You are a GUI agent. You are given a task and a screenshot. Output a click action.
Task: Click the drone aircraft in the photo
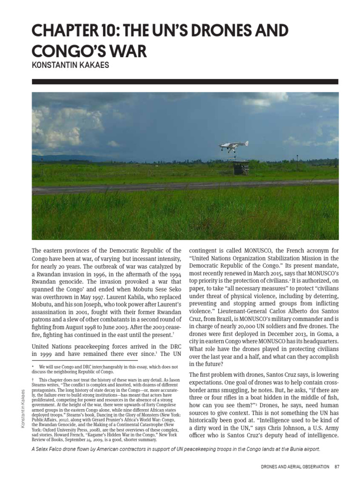(233, 146)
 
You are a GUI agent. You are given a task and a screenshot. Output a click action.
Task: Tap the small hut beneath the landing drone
(241, 166)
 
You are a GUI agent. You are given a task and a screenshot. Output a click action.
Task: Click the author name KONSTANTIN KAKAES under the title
(70, 66)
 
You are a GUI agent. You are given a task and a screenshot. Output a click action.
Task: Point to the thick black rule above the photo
(185, 82)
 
